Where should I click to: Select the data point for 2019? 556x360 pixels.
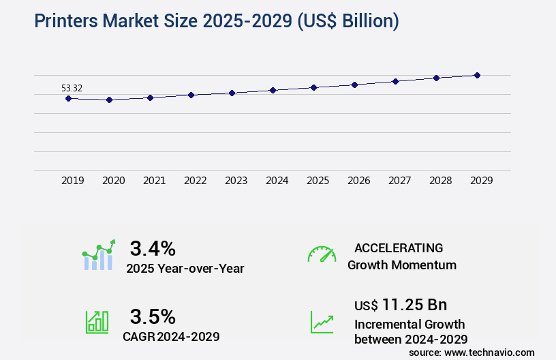(68, 98)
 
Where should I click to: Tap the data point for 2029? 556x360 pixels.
(477, 75)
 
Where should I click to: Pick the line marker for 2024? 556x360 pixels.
(273, 90)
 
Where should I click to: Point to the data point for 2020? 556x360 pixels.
(109, 100)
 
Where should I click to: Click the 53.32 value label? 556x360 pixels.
(72, 88)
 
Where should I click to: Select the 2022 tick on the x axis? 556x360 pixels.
(195, 181)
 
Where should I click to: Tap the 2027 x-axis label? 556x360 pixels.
(399, 181)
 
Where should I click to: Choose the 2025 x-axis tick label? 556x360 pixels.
(318, 181)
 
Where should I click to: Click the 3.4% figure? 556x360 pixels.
(153, 247)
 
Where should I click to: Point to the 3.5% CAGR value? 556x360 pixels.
(153, 316)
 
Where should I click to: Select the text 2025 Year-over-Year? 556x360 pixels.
(185, 269)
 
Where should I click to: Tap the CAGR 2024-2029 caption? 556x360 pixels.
(171, 336)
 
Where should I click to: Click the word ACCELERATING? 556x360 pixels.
(399, 247)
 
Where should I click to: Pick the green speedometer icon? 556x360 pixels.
(322, 254)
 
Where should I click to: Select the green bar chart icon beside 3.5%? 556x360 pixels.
(97, 322)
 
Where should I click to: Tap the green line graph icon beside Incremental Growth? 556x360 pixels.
(322, 322)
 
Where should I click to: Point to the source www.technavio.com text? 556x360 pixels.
(472, 352)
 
